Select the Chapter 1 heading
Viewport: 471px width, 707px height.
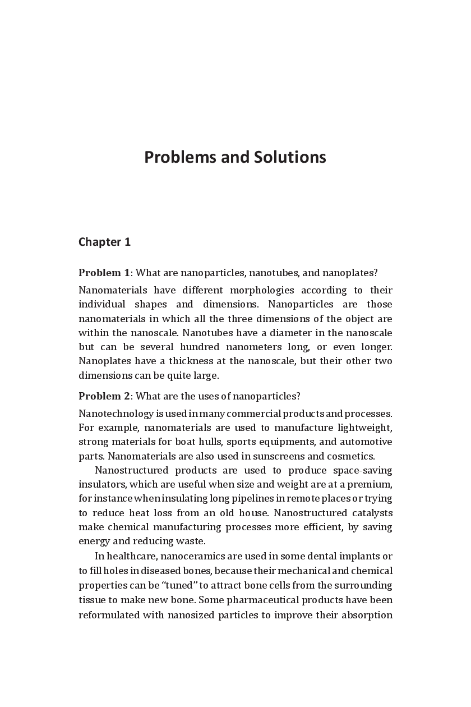tap(104, 242)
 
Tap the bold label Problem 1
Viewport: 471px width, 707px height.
tap(104, 273)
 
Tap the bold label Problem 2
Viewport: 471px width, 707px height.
tap(104, 396)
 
